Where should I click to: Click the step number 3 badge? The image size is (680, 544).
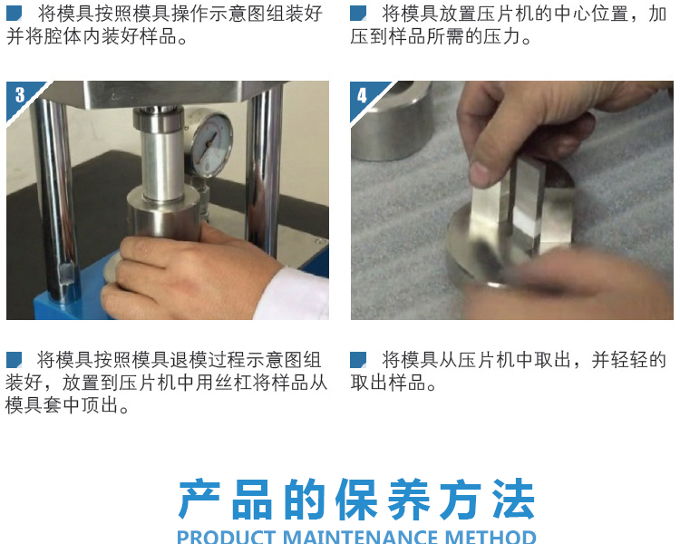(20, 95)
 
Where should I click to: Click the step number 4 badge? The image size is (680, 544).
(362, 95)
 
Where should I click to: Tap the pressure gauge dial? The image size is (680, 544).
(211, 144)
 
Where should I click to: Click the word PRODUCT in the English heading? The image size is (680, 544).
(227, 537)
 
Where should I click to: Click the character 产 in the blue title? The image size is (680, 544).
(199, 500)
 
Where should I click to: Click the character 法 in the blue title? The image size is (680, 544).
(513, 500)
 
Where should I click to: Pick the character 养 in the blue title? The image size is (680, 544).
(409, 500)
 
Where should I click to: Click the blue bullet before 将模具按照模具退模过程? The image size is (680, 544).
(14, 360)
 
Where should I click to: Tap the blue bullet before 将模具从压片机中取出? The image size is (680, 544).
(358, 360)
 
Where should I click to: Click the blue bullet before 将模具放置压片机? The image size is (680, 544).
(358, 14)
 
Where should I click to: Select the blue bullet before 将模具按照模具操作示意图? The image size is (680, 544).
(14, 14)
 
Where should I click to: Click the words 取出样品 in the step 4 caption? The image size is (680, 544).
(388, 383)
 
